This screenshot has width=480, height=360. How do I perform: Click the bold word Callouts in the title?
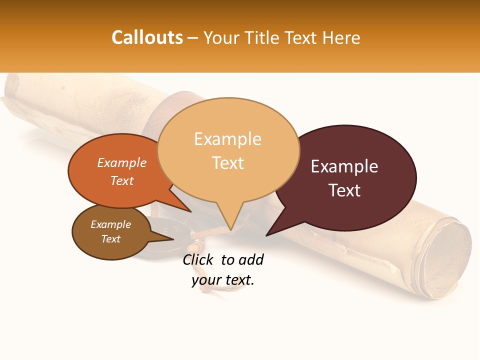click(x=147, y=37)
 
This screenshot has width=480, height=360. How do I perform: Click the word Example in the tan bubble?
click(x=227, y=139)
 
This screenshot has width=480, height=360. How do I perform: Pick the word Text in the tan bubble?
click(x=227, y=162)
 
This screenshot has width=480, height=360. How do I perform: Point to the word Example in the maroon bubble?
click(x=344, y=166)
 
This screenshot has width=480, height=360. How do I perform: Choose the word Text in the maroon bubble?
click(x=344, y=190)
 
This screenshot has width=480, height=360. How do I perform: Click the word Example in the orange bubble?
click(x=122, y=162)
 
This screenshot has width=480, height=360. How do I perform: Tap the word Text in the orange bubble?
click(x=122, y=180)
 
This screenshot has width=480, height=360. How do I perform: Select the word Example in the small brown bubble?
click(x=111, y=224)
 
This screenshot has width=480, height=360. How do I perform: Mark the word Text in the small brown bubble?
click(x=111, y=239)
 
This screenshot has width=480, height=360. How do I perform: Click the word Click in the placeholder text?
click(x=198, y=259)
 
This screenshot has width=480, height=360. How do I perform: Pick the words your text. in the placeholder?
click(x=223, y=280)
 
